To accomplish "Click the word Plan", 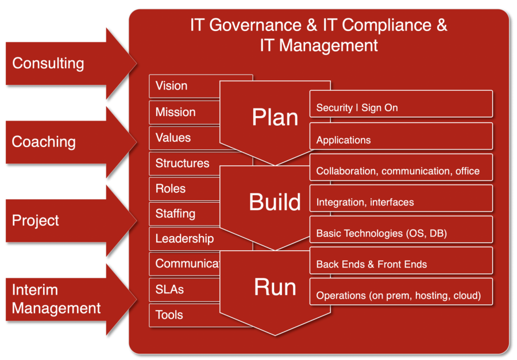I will [x=275, y=118].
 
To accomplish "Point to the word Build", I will [x=275, y=202].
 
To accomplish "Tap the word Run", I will [x=275, y=287].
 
